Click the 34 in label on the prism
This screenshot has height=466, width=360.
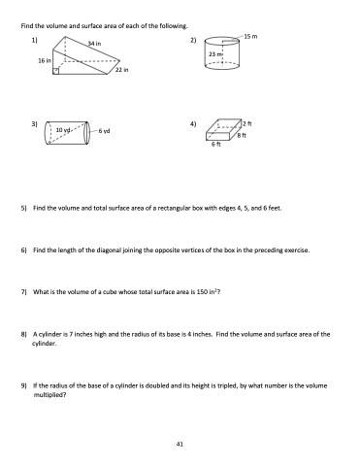94,43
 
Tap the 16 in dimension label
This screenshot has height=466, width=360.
45,60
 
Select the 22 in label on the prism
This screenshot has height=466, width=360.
122,70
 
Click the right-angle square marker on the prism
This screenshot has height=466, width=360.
56,71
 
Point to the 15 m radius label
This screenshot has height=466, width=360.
250,36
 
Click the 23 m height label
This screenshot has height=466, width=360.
215,54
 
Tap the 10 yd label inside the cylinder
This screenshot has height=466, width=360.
63,130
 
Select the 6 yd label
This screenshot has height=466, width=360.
104,131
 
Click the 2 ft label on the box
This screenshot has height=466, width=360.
247,123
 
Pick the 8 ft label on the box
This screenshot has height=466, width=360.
242,135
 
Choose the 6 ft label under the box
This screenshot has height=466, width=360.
216,145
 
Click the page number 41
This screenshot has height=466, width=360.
180,444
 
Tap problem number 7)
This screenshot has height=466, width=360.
23,292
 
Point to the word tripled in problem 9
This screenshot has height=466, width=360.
227,385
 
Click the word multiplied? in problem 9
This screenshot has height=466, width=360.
49,395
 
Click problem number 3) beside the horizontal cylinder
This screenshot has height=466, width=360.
35,124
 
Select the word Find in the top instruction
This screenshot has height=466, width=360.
27,26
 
